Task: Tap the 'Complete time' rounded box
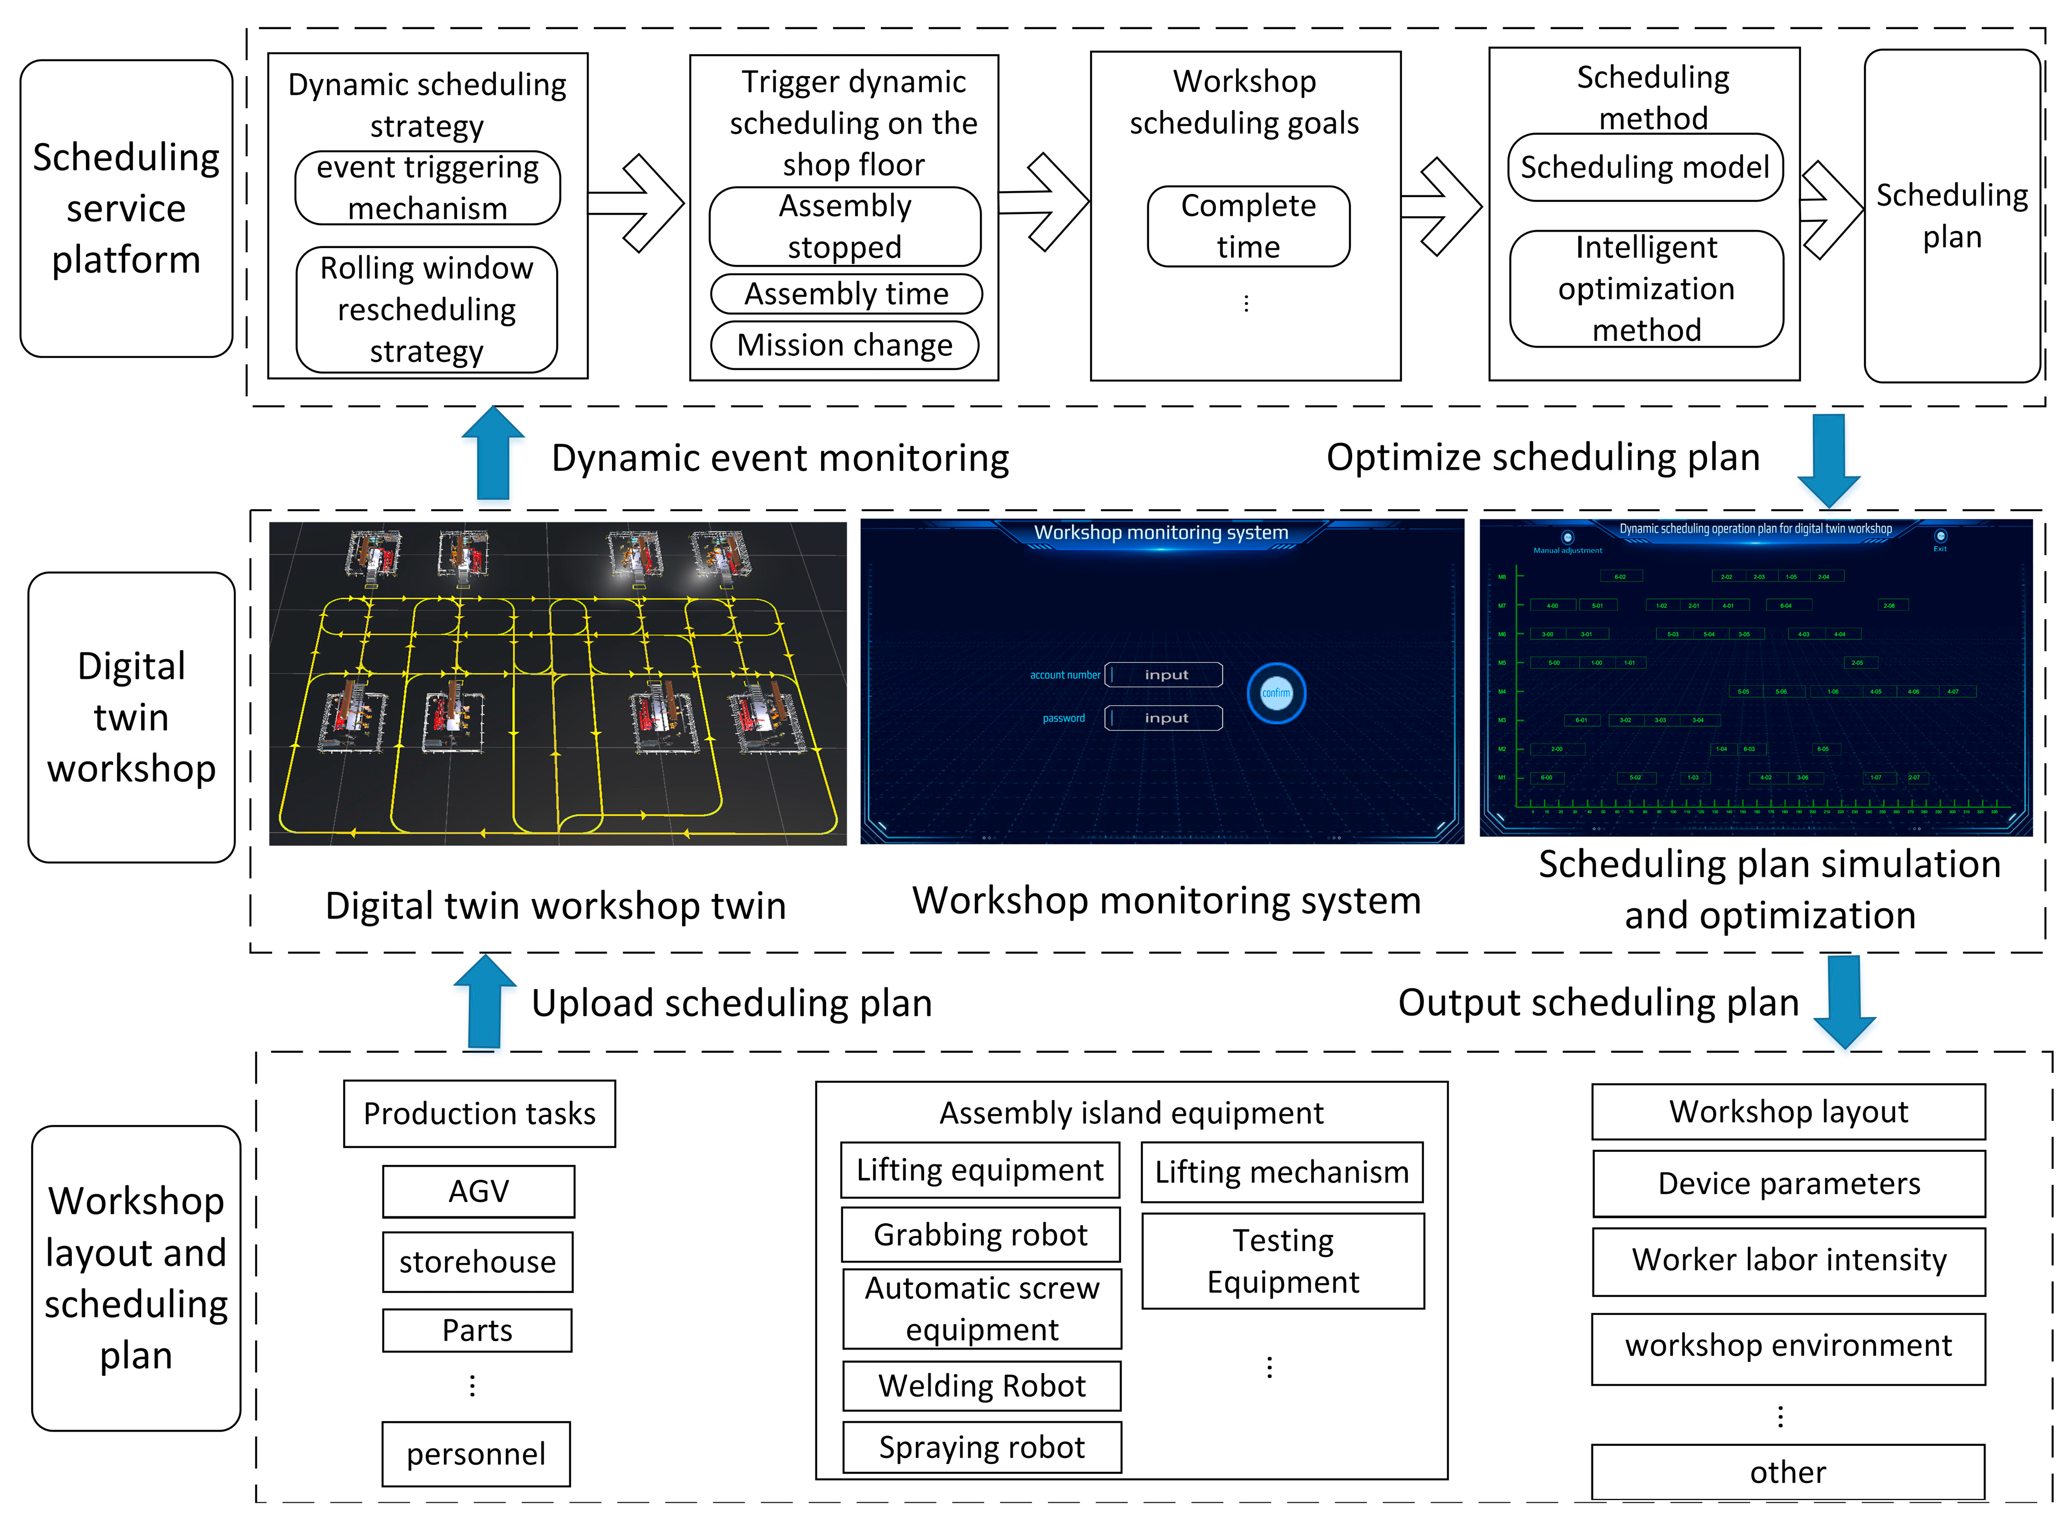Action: [1248, 227]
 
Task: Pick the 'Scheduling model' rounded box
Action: [1644, 168]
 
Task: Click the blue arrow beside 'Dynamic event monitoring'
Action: [493, 454]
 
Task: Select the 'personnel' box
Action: [476, 1454]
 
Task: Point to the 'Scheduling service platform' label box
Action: [126, 209]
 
